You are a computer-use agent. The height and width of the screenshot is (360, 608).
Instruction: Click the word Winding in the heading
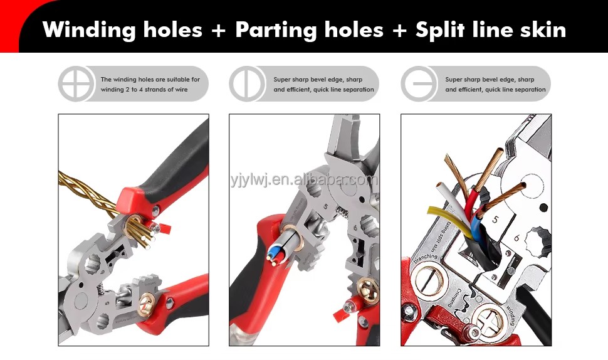click(89, 30)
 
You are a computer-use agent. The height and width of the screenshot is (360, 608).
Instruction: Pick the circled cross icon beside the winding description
click(76, 84)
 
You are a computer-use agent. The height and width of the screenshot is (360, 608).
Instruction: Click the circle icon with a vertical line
click(247, 84)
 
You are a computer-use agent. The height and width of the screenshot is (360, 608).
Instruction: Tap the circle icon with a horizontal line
click(419, 84)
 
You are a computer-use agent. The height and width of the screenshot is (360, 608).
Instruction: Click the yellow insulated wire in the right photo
click(450, 222)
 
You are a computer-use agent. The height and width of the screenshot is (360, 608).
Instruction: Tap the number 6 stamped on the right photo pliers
click(517, 238)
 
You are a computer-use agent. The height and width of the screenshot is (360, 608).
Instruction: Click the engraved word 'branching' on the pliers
click(426, 258)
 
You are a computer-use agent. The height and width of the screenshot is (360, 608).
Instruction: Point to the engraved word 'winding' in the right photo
click(511, 315)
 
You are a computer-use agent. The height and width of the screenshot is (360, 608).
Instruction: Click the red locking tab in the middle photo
click(340, 314)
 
